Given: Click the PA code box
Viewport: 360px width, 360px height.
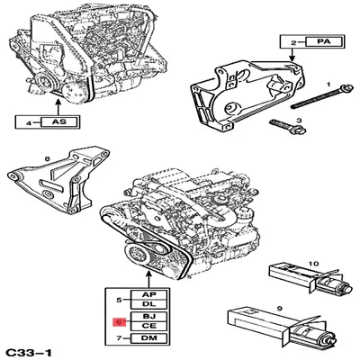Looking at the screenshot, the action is click(323, 41).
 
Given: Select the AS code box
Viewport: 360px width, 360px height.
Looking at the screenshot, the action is click(59, 121).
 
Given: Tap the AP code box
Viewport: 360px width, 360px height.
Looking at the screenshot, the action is click(148, 294).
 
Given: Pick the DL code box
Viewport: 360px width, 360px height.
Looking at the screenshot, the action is click(148, 304).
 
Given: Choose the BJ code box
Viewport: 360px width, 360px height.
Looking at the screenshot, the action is click(148, 316).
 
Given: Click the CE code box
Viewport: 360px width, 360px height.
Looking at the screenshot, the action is click(148, 326).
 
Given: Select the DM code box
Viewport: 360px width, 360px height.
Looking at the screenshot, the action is click(148, 338).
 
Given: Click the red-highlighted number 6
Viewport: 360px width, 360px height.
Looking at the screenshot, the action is click(119, 321).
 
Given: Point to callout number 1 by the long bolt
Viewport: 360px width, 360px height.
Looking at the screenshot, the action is click(328, 85).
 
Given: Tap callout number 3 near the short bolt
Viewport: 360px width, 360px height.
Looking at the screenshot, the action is click(299, 121).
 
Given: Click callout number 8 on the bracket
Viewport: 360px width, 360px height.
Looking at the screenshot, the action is click(47, 159).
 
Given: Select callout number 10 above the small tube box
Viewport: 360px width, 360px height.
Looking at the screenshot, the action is click(313, 264).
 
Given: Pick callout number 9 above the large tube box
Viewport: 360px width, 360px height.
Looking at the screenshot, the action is click(280, 308).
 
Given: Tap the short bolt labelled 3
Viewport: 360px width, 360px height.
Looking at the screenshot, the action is click(287, 127).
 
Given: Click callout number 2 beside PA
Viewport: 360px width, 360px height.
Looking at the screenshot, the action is click(293, 42).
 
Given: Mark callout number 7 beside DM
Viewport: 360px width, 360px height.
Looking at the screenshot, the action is click(119, 338).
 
